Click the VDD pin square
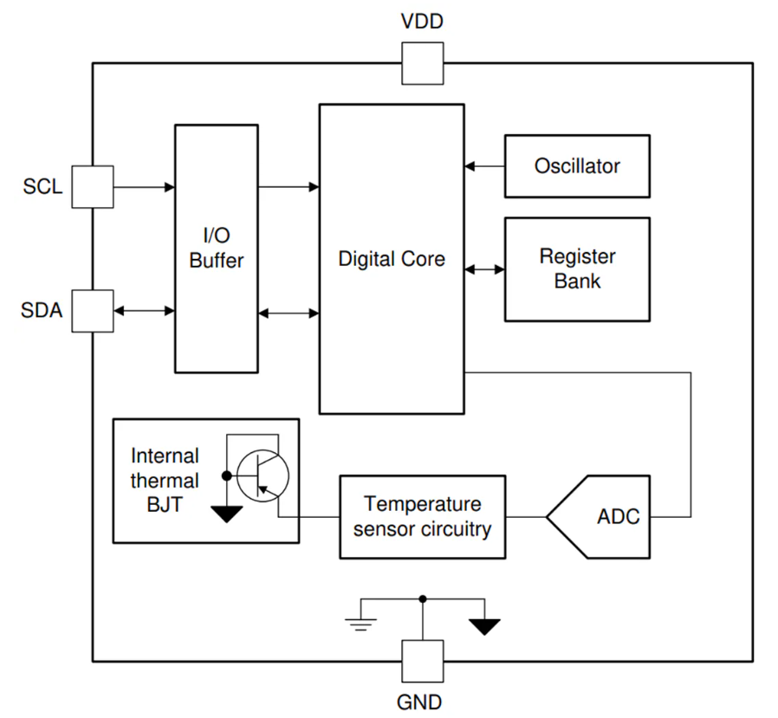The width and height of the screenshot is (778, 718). [422, 63]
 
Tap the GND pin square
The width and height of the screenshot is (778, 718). [422, 661]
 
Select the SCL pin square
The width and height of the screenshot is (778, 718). [92, 186]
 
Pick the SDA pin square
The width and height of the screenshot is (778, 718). [92, 310]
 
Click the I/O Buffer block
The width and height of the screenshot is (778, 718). [217, 249]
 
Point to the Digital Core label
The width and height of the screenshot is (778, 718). [392, 258]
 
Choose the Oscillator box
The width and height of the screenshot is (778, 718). [577, 165]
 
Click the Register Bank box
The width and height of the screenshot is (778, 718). [577, 268]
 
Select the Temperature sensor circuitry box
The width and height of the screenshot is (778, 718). [422, 516]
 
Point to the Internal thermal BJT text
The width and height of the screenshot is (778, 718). [165, 480]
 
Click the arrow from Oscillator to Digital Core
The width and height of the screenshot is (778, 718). [484, 165]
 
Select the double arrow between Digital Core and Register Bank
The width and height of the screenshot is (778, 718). [484, 269]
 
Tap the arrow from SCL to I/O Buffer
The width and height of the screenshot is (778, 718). [144, 186]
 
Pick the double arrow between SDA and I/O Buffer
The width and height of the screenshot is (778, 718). [144, 310]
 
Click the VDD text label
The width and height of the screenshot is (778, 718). [422, 22]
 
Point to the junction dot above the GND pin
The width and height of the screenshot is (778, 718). [422, 598]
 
